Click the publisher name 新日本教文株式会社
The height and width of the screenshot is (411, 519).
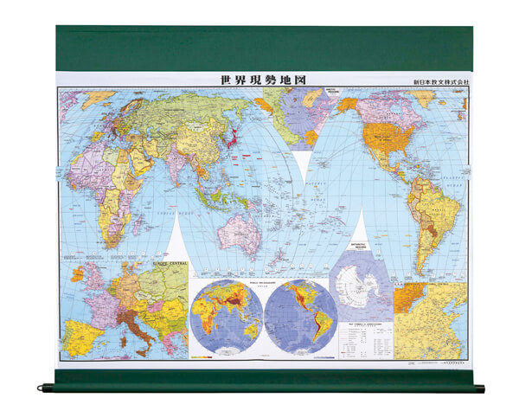click(442, 82)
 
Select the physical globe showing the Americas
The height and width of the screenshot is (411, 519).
click(300, 315)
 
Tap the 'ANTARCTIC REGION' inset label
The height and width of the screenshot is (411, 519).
click(362, 247)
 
